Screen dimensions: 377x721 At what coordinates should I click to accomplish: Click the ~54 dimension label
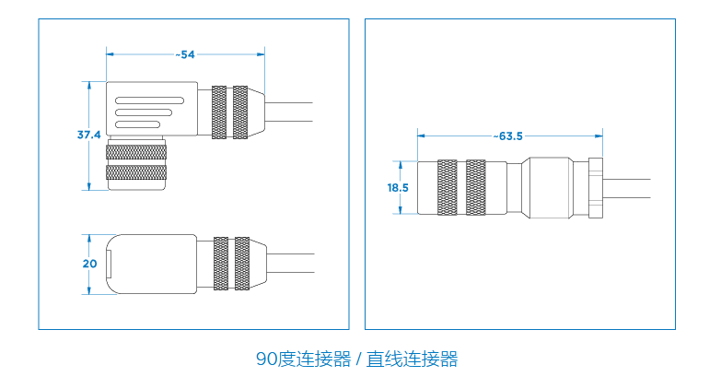pyautogui.click(x=185, y=54)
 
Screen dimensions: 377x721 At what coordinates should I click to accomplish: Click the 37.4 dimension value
pyautogui.click(x=88, y=135)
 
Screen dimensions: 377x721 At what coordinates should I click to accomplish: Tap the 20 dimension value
pyautogui.click(x=89, y=264)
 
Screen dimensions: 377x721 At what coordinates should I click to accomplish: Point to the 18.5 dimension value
pyautogui.click(x=398, y=187)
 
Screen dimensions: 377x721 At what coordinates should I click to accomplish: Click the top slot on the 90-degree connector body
pyautogui.click(x=150, y=100)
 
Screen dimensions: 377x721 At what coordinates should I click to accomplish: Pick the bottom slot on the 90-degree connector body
pyautogui.click(x=138, y=124)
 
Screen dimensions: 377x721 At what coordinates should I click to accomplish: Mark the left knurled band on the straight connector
pyautogui.click(x=447, y=188)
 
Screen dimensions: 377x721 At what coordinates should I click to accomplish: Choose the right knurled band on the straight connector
pyautogui.click(x=476, y=188)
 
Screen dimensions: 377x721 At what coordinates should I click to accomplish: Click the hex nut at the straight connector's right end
pyautogui.click(x=596, y=188)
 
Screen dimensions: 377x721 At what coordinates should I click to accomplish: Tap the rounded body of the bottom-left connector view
pyautogui.click(x=152, y=264)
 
